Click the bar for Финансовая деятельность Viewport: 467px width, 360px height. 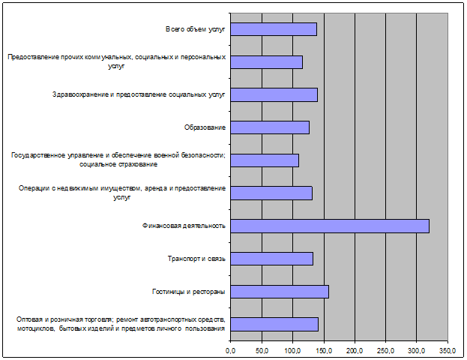[x=330, y=226]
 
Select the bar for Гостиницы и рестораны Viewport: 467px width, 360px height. [x=279, y=291]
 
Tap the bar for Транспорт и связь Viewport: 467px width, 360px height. [x=271, y=259]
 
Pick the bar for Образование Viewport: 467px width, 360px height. [x=269, y=127]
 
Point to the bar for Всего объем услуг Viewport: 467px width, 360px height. [x=273, y=29]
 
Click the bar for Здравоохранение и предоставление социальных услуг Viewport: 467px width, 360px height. [x=274, y=94]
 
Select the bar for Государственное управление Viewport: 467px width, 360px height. [x=264, y=160]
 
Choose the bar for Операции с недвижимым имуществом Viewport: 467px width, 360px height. [x=271, y=193]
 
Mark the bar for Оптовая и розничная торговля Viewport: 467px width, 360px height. [x=274, y=324]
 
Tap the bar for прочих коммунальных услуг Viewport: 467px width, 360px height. [x=266, y=61]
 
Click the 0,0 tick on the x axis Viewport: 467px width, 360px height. [x=231, y=349]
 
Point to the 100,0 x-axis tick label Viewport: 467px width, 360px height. [x=292, y=349]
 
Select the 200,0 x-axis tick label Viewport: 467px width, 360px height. [x=355, y=349]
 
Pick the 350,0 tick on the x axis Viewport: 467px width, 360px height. [x=448, y=349]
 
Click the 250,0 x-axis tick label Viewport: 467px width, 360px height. [x=385, y=349]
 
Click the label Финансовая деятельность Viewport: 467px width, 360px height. [x=184, y=226]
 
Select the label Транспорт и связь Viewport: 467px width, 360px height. [x=196, y=259]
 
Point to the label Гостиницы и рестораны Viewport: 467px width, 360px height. [x=189, y=291]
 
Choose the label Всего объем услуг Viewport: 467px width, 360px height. [x=196, y=29]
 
